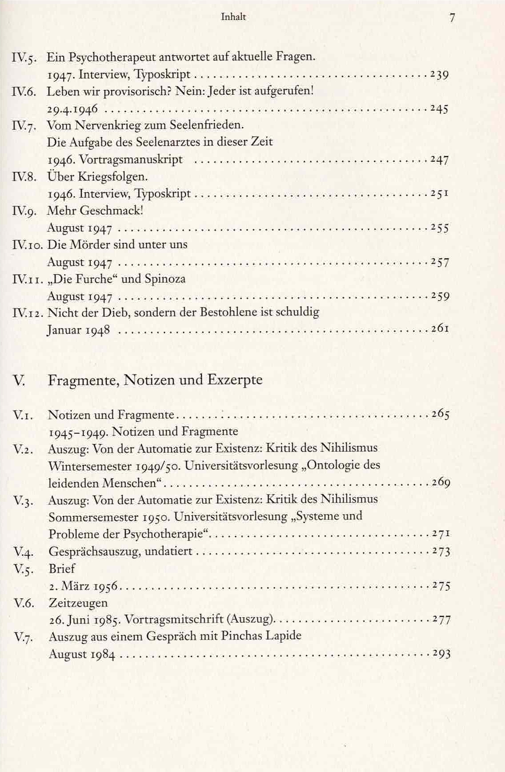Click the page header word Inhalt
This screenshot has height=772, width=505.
[x=233, y=17]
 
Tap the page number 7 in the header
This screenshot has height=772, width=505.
[x=452, y=18]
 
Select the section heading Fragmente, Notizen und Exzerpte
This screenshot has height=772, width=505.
[x=155, y=380]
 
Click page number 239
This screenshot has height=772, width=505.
[x=439, y=74]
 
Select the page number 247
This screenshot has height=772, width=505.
[x=439, y=160]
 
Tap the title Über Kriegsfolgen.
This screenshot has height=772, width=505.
[x=97, y=176]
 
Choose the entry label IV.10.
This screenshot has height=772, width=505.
[x=28, y=244]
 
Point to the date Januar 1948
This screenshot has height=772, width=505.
[x=78, y=330]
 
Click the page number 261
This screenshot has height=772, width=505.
[x=440, y=329]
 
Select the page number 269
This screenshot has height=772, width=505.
[x=441, y=482]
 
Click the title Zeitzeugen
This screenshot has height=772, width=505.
[x=78, y=603]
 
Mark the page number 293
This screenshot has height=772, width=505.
[x=441, y=654]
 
